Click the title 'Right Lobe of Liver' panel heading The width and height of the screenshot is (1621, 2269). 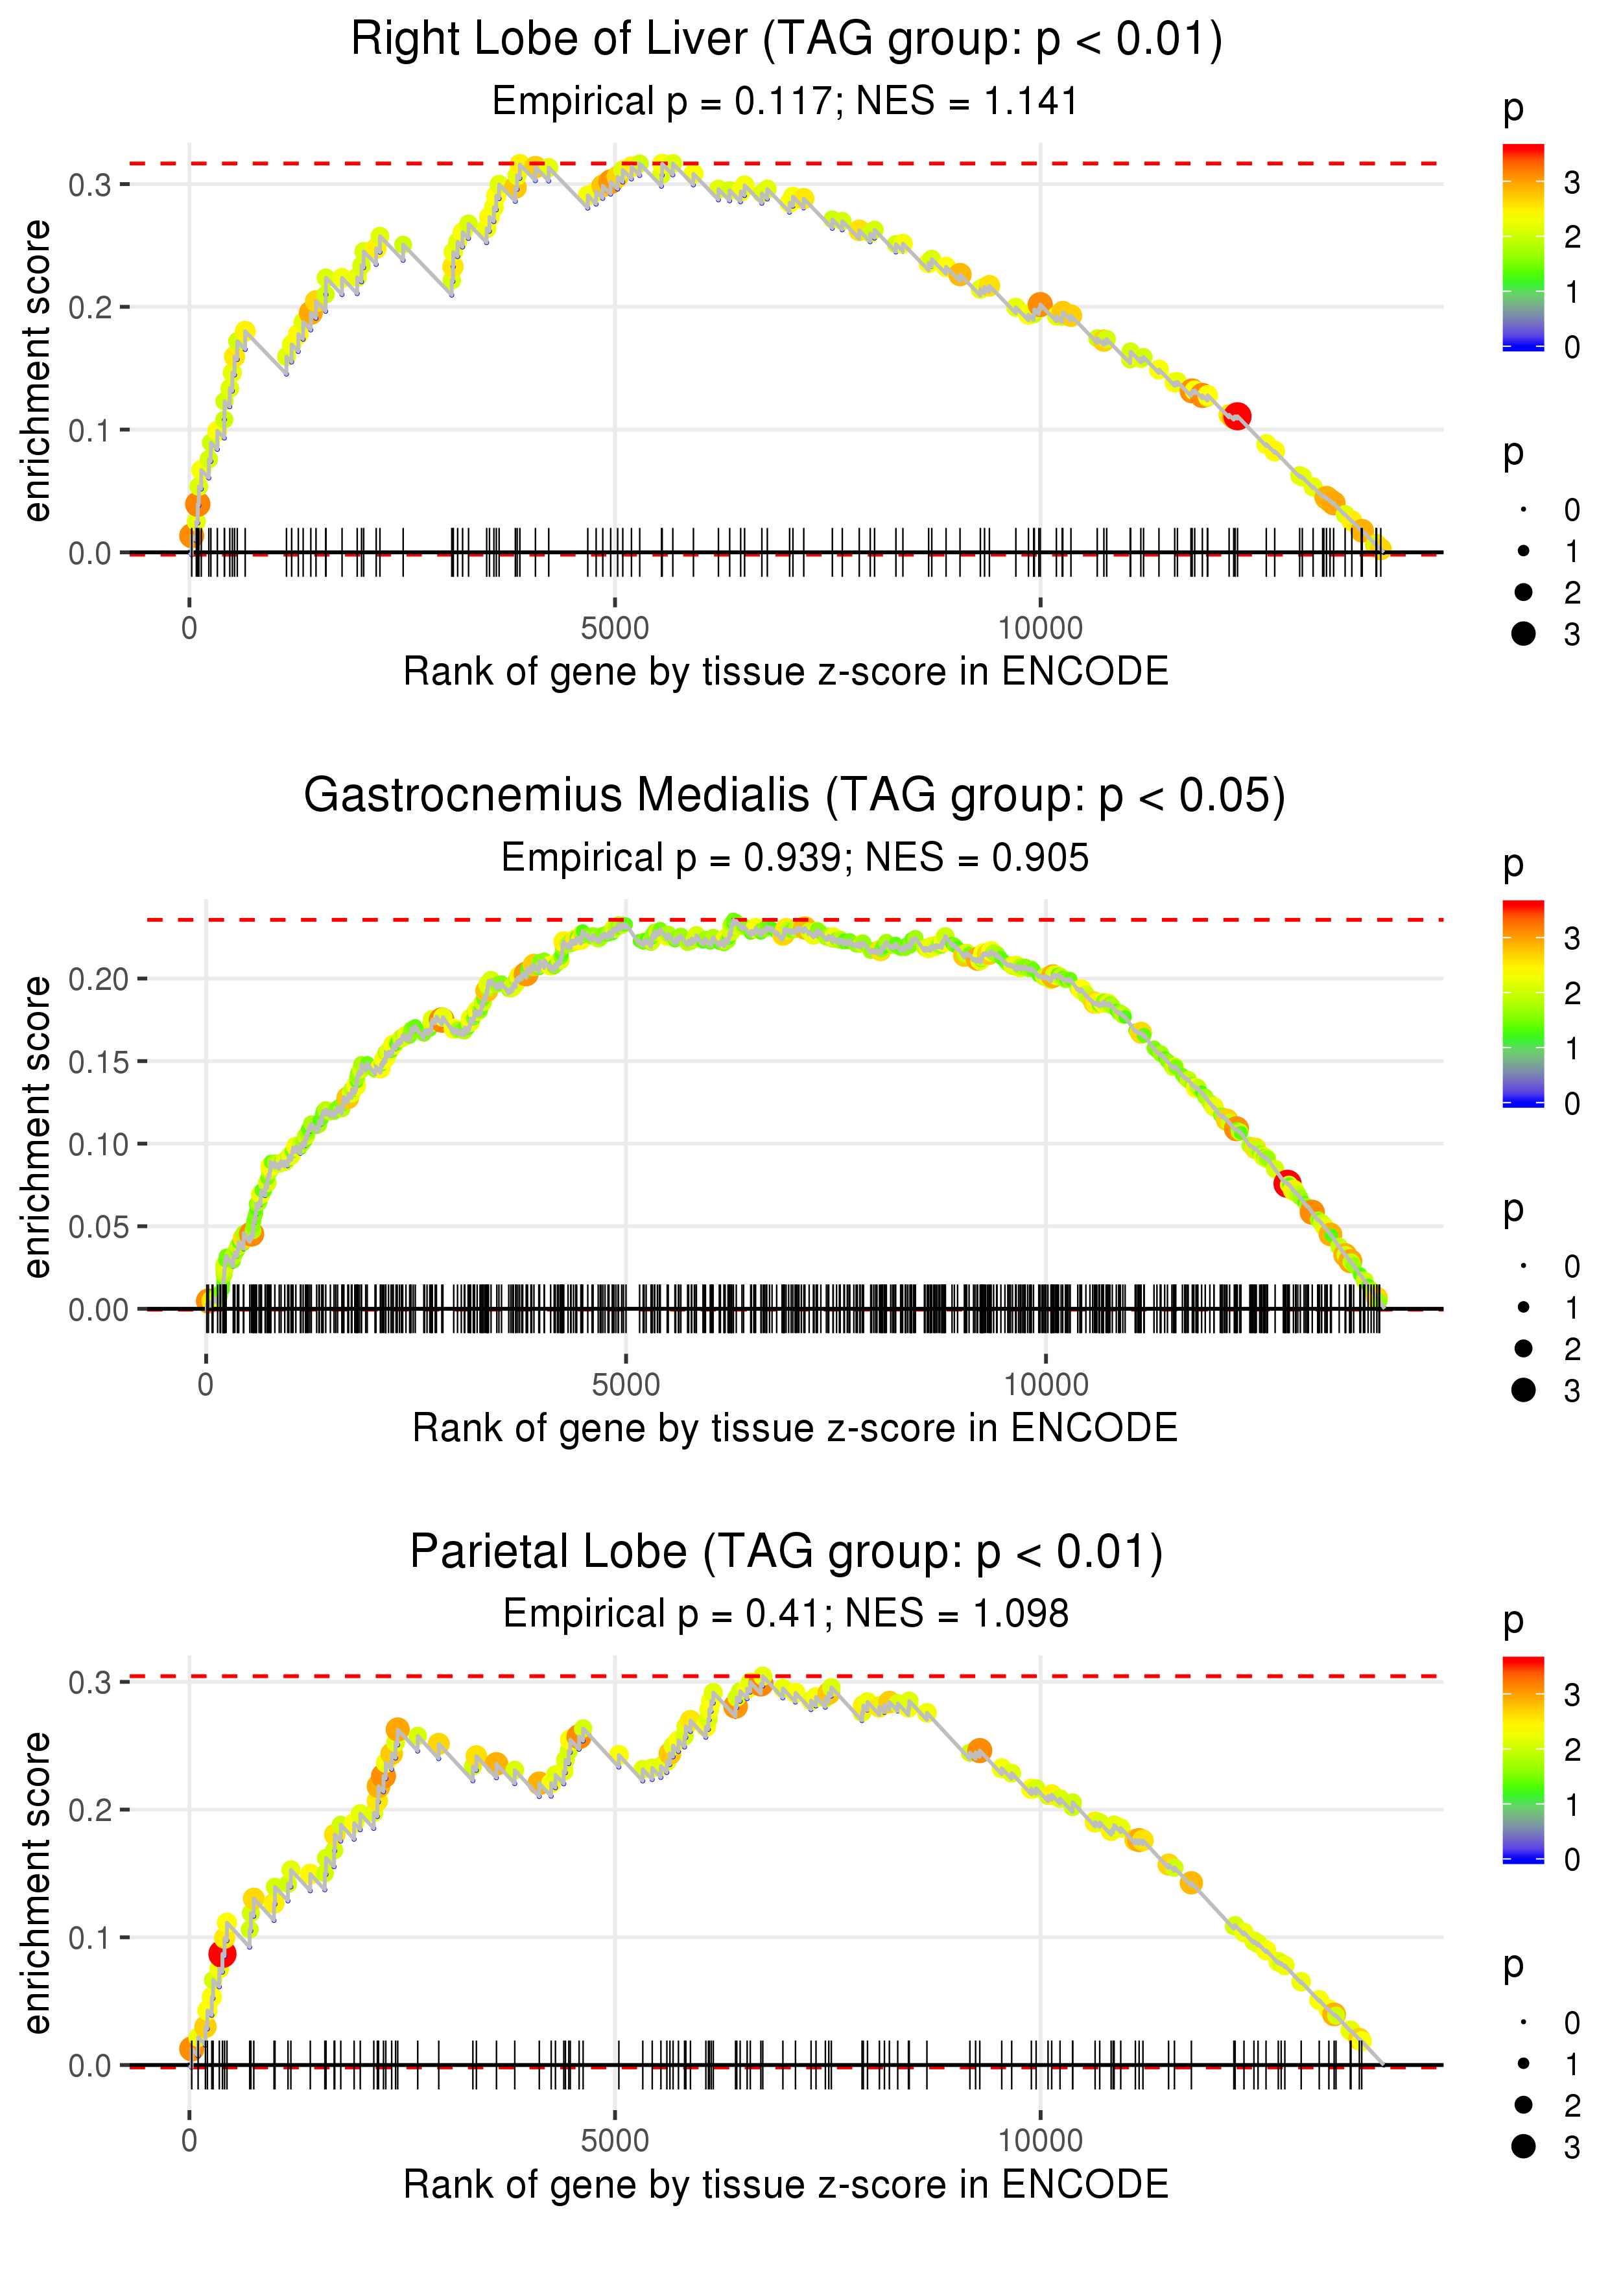pos(786,40)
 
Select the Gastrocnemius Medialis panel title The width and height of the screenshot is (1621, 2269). pos(794,796)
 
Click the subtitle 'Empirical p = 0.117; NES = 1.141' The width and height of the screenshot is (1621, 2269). pos(786,102)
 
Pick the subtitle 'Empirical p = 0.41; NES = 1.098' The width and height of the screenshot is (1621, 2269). pos(786,1614)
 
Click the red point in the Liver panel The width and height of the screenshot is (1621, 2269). pos(1236,416)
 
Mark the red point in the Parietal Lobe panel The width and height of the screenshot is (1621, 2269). pos(222,1955)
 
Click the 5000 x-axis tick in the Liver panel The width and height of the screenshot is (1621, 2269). pos(614,629)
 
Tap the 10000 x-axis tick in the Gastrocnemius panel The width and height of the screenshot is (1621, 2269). pos(1045,1385)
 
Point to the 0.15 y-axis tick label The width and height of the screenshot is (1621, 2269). pos(99,1062)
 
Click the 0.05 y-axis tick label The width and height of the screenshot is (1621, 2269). pos(99,1227)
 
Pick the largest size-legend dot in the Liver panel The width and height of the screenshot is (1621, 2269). pos(1523,633)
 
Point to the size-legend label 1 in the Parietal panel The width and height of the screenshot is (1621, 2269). pos(1572,2064)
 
